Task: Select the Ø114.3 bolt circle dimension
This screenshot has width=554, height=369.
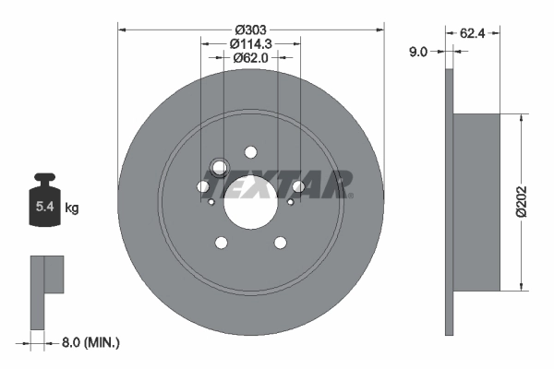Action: tap(250, 42)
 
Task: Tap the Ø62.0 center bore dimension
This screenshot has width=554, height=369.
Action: tap(250, 57)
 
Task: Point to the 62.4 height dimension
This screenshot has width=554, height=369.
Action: tap(474, 32)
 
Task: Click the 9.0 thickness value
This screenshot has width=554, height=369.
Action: tap(417, 53)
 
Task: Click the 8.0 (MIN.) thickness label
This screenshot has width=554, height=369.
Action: tap(90, 342)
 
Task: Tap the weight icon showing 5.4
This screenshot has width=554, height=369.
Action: tap(44, 201)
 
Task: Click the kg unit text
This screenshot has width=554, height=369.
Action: tap(72, 208)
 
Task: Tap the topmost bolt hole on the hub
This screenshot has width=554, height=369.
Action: tap(250, 152)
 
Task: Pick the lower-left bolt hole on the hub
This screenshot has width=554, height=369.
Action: tap(221, 243)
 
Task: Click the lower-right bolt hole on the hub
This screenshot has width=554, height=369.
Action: tap(280, 243)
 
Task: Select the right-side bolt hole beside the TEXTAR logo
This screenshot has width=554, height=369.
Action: tap(297, 186)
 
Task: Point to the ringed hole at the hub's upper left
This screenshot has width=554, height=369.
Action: tap(220, 167)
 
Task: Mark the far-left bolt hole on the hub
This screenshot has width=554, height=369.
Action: tap(203, 186)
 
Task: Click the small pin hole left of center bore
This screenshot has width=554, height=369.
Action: tap(211, 203)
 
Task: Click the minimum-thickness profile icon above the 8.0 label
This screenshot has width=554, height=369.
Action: tap(45, 291)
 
